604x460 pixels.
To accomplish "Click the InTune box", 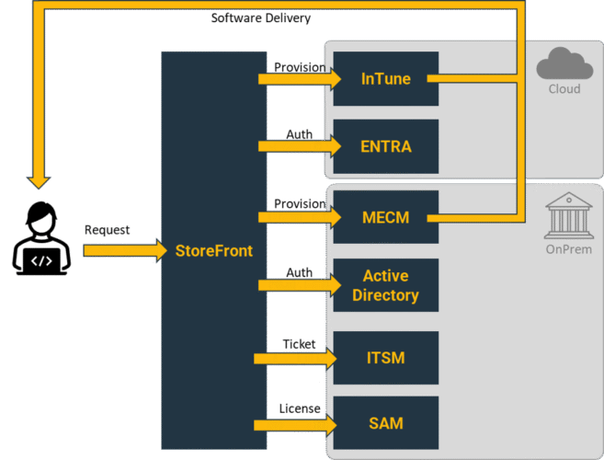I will (x=385, y=79).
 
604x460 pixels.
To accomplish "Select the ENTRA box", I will (x=385, y=146).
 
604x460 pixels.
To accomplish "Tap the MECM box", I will (x=385, y=217).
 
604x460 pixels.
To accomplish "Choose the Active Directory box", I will (x=385, y=285).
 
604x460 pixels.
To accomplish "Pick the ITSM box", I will (x=385, y=358).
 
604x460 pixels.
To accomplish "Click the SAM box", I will (x=385, y=423).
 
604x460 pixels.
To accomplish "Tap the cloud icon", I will (x=564, y=64).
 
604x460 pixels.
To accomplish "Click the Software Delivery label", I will (x=260, y=17).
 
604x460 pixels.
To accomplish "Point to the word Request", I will (x=107, y=229).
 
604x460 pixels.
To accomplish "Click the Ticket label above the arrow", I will (x=299, y=344).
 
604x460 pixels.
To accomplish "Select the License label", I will (x=300, y=408).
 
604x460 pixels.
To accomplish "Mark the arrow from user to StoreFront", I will (x=120, y=249).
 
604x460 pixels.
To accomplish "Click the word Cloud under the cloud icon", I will (x=564, y=89).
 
